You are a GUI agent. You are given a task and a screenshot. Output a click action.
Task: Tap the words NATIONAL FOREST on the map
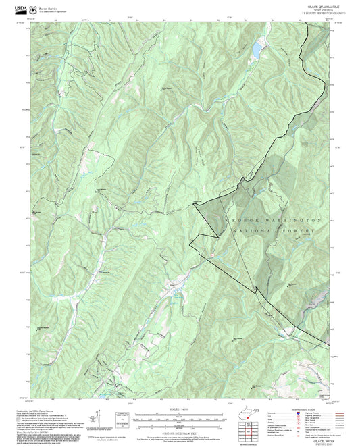pos(273,231)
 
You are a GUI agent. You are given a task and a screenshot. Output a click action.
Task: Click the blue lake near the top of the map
pos(257,49)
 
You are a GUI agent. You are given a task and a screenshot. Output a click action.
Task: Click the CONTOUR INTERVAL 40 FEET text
pos(179,428)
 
